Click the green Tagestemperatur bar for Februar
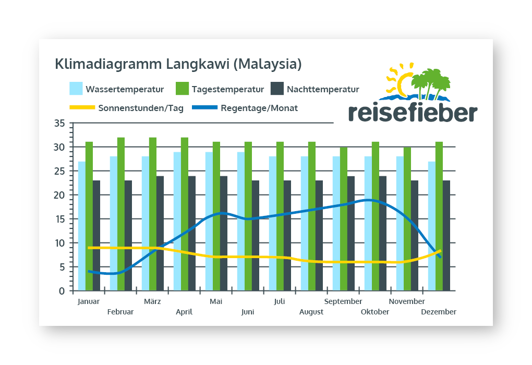[x=121, y=214]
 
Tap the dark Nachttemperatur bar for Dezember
[x=446, y=235]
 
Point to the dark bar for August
[x=319, y=235]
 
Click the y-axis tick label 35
[x=59, y=124]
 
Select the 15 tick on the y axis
[x=59, y=219]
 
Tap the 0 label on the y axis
[x=62, y=291]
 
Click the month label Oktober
[x=375, y=312]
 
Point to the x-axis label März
[x=152, y=301]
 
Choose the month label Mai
[x=216, y=301]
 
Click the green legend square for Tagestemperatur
[x=182, y=89]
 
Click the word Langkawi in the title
[x=197, y=65]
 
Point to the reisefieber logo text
[x=412, y=113]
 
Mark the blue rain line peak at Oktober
[x=368, y=200]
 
